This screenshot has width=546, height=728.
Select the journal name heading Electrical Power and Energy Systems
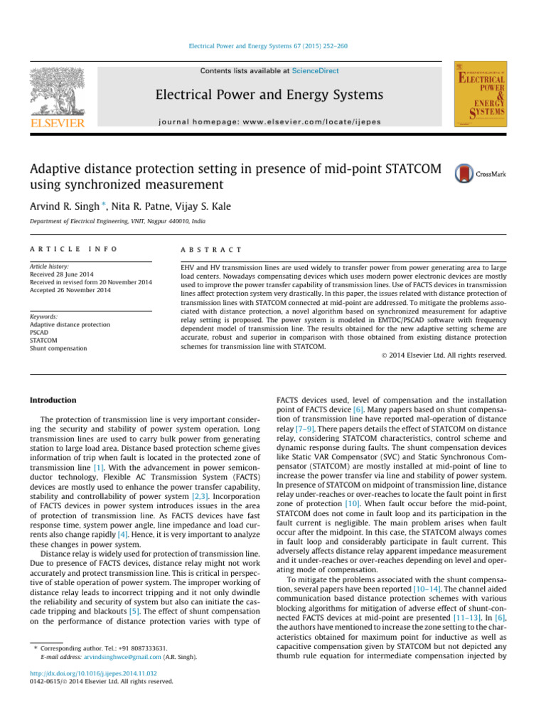[x=273, y=95]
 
